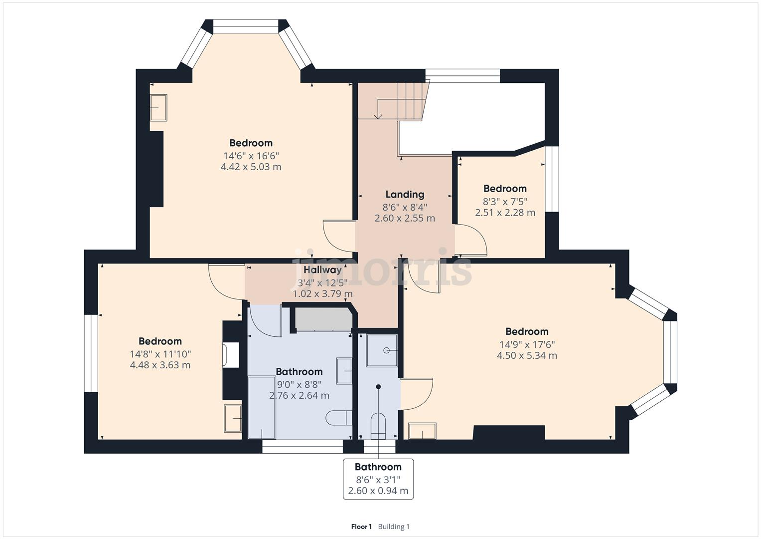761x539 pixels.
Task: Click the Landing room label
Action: click(x=405, y=195)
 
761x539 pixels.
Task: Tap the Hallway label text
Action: click(x=323, y=270)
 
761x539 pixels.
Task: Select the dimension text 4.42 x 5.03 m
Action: click(x=251, y=167)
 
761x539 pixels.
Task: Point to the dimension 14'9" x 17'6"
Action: click(x=527, y=344)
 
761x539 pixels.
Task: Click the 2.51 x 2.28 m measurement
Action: click(x=505, y=213)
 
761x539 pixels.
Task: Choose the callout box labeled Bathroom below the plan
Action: click(x=378, y=479)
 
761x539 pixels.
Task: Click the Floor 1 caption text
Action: click(x=361, y=527)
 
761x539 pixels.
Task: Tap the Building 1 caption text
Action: click(x=394, y=527)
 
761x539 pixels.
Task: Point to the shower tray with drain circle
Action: click(x=382, y=350)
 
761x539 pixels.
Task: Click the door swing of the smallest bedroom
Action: click(x=471, y=241)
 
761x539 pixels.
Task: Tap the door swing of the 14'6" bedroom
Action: click(x=338, y=236)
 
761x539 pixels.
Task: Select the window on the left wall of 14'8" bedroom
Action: click(x=91, y=353)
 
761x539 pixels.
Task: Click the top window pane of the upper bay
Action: click(x=246, y=26)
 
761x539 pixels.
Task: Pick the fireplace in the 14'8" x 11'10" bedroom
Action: click(x=231, y=355)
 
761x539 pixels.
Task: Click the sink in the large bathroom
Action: click(x=344, y=371)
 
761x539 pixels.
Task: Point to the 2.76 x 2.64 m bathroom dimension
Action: click(x=299, y=396)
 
